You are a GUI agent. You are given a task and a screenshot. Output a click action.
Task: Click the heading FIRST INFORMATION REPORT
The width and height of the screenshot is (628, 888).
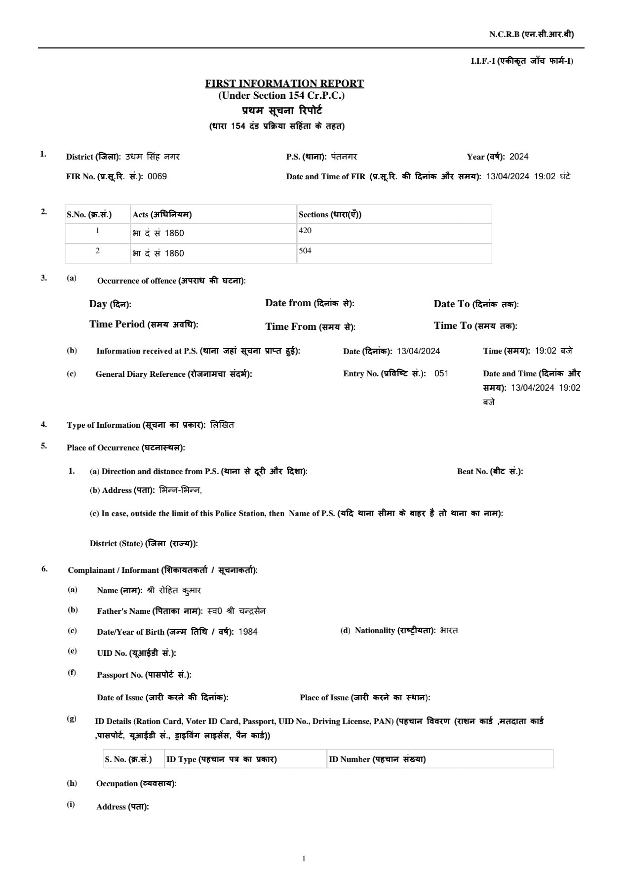tap(284, 83)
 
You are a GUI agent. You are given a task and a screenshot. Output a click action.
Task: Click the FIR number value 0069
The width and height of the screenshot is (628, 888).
tap(157, 176)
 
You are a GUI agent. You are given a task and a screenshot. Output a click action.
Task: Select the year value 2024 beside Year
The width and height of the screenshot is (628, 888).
tap(519, 157)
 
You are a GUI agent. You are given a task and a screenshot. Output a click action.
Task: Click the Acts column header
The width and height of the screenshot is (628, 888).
tap(162, 214)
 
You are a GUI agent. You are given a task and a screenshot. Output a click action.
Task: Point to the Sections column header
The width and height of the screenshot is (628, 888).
tap(330, 214)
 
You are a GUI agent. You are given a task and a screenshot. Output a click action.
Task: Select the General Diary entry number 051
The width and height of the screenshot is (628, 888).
tap(441, 373)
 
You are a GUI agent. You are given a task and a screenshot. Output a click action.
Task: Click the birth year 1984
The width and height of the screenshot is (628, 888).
tap(248, 632)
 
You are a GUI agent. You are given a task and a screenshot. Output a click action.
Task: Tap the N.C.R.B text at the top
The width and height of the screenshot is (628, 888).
tap(531, 34)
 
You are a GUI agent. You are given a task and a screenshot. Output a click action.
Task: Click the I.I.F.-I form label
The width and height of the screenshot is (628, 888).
tap(522, 61)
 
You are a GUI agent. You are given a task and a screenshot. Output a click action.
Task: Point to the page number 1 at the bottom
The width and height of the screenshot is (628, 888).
tap(304, 858)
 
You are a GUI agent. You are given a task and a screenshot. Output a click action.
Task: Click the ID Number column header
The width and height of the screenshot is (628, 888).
tap(377, 759)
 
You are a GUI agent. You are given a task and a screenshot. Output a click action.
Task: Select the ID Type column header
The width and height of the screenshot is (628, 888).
tap(221, 759)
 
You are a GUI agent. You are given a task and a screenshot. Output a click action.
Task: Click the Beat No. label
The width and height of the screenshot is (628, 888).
tap(490, 471)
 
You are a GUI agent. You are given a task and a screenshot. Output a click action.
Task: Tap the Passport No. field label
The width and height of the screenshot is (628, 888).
tap(144, 675)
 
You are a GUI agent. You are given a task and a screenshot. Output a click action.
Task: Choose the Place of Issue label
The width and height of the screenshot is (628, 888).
tap(365, 697)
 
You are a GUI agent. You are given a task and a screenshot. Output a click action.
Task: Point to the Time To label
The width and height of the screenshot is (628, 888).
tap(475, 326)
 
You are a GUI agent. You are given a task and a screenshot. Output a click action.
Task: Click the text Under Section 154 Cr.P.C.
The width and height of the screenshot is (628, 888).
tap(281, 95)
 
